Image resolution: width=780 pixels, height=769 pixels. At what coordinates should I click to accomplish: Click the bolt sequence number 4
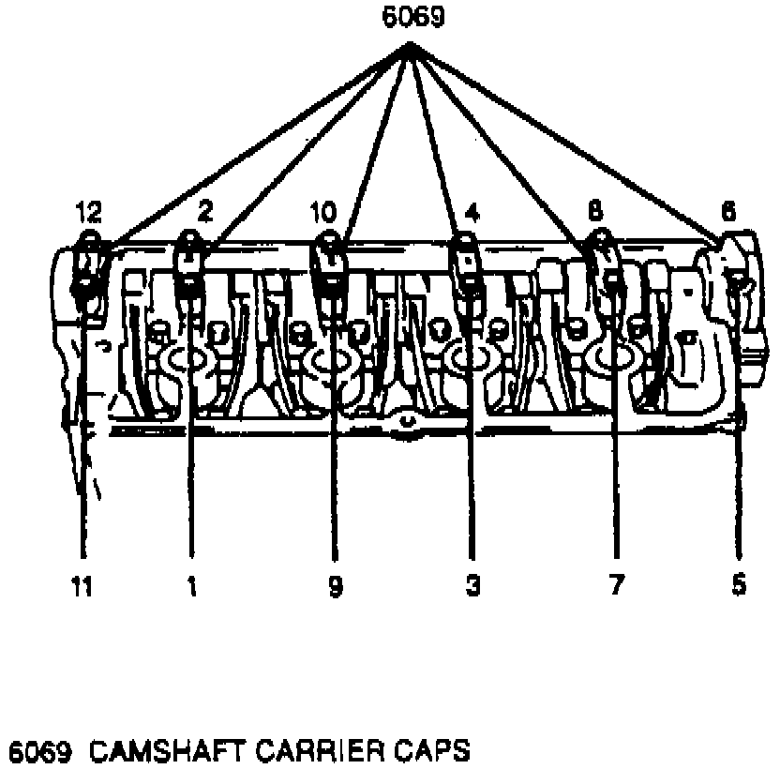[x=472, y=214]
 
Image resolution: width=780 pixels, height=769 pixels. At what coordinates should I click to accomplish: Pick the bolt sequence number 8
[x=593, y=214]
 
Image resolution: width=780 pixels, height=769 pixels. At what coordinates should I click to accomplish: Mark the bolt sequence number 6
[x=728, y=214]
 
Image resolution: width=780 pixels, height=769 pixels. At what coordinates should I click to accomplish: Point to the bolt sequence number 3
[x=472, y=586]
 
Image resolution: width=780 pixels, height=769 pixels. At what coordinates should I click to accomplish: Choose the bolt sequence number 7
[x=615, y=586]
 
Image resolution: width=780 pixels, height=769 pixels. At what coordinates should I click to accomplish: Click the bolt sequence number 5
[x=739, y=585]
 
